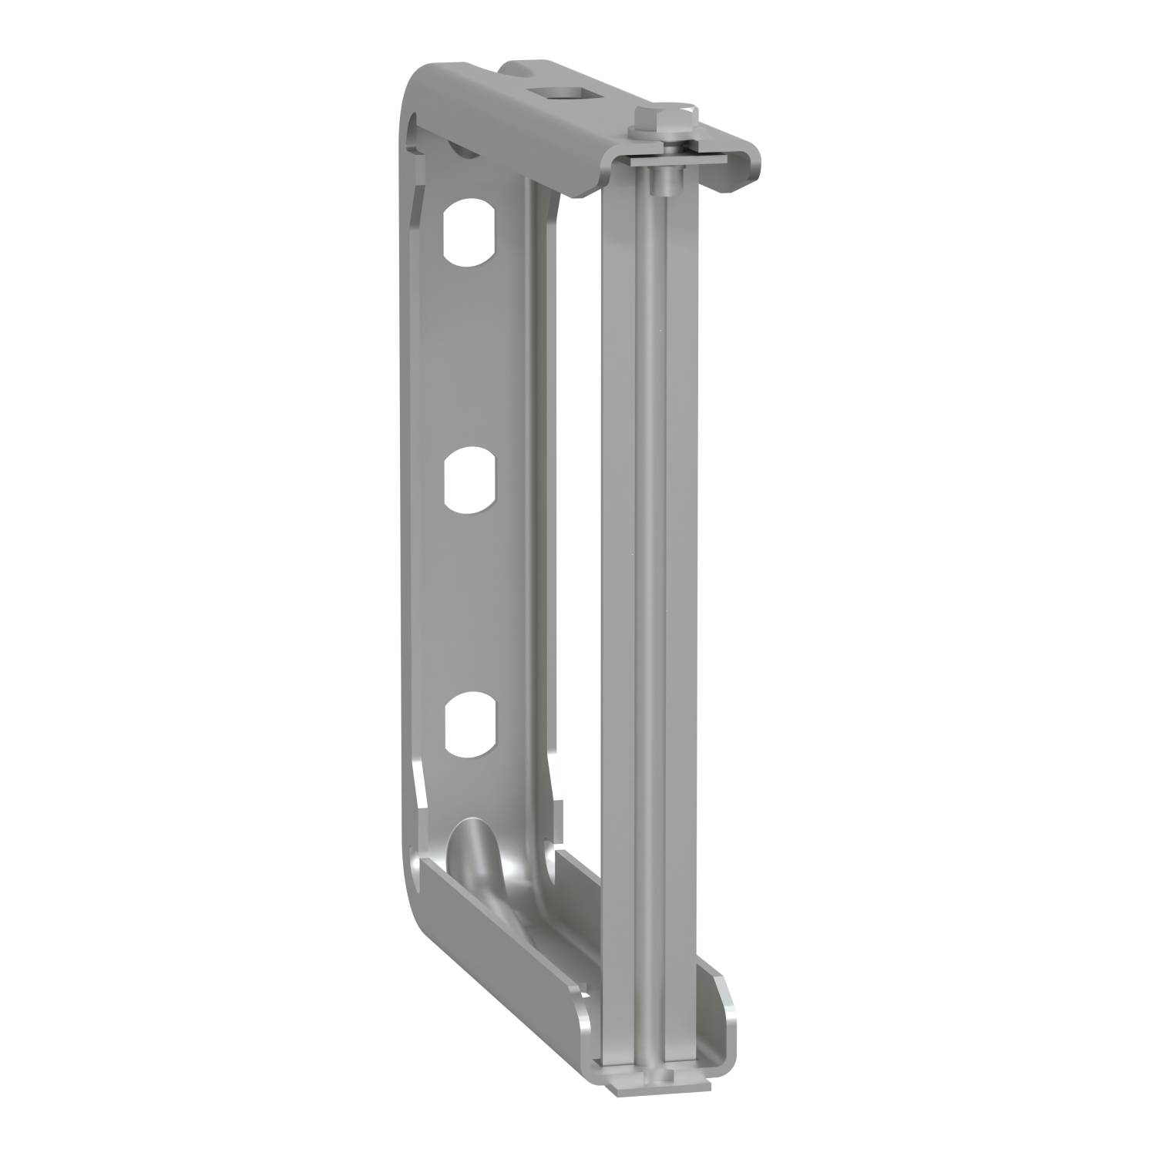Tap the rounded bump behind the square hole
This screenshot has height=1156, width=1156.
524,69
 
